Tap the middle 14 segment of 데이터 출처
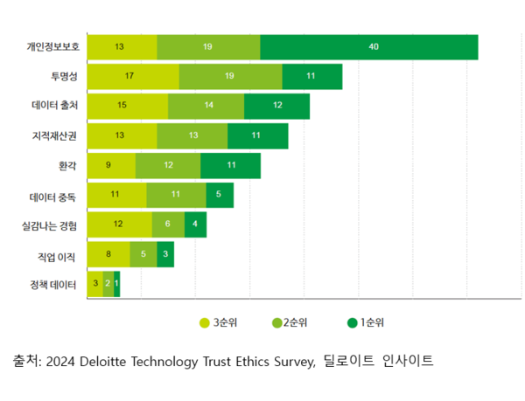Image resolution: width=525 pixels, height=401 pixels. [206, 106]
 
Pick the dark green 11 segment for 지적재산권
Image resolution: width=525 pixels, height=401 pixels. [257, 135]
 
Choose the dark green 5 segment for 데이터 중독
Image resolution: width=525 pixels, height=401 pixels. [220, 195]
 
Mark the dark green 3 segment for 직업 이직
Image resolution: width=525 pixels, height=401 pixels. [165, 254]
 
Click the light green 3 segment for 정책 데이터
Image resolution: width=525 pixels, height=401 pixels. [94, 284]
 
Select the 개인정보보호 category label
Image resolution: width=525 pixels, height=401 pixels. [52, 47]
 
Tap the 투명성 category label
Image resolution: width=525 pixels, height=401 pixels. [63, 77]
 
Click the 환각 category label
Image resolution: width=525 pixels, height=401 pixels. [67, 165]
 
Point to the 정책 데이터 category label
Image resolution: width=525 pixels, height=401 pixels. [52, 284]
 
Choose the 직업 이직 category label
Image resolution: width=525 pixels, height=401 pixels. [58, 255]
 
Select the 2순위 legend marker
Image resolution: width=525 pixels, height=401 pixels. [277, 322]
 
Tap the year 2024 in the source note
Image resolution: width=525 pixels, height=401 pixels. [60, 361]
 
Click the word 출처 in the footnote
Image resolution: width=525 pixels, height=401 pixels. [24, 361]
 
